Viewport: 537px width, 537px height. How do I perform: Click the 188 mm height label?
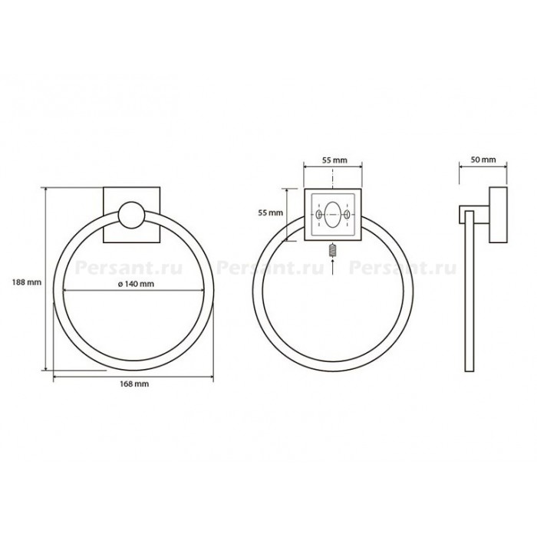(x=27, y=282)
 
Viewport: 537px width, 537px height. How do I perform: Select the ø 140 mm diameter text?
(x=136, y=284)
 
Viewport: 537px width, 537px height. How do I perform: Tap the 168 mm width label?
(x=134, y=384)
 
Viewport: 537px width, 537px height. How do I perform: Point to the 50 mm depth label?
(x=483, y=160)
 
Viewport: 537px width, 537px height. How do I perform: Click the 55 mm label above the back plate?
(x=334, y=160)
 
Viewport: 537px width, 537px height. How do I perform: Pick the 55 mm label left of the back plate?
(x=271, y=212)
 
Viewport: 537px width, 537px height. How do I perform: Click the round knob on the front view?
(x=131, y=215)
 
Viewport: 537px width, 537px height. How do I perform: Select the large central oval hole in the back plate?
(x=333, y=215)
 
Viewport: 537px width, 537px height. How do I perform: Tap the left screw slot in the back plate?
(x=319, y=215)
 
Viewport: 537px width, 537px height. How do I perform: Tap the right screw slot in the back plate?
(x=347, y=215)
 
